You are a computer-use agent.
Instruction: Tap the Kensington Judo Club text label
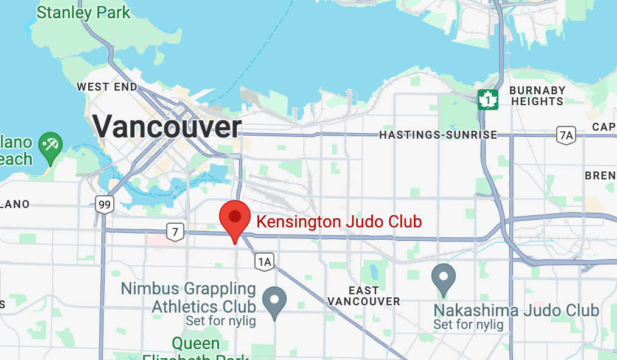pyautogui.click(x=339, y=221)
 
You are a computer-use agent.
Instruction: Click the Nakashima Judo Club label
pyautogui.click(x=516, y=311)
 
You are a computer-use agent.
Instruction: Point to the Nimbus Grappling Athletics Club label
pyautogui.click(x=187, y=297)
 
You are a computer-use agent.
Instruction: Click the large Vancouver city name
pyautogui.click(x=167, y=127)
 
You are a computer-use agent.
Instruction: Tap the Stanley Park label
pyautogui.click(x=83, y=12)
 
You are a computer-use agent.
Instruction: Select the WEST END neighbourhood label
pyautogui.click(x=107, y=87)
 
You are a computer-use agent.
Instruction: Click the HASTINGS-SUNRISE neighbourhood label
pyautogui.click(x=438, y=135)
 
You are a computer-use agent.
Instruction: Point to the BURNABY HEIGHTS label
pyautogui.click(x=537, y=96)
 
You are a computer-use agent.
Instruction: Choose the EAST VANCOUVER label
pyautogui.click(x=364, y=296)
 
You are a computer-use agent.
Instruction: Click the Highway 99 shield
pyautogui.click(x=105, y=204)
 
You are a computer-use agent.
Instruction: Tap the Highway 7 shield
pyautogui.click(x=175, y=231)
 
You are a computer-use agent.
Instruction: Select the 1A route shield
pyautogui.click(x=264, y=261)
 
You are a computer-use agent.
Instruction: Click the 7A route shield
pyautogui.click(x=566, y=135)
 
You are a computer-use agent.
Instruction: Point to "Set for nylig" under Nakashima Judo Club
pyautogui.click(x=469, y=325)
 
